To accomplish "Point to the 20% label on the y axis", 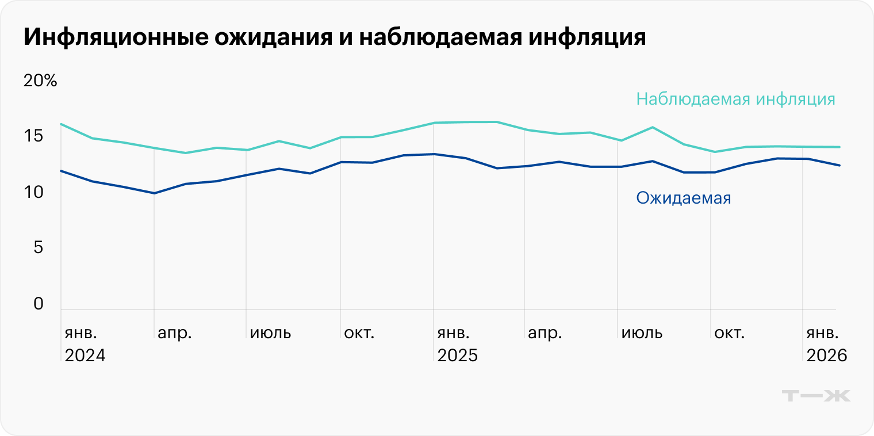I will (40, 81).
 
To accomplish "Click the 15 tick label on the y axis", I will (33, 136).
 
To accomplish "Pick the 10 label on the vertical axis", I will (33, 192).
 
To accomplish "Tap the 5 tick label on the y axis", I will (39, 248).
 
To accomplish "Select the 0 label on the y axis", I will (39, 304).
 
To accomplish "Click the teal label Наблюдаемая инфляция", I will (735, 99).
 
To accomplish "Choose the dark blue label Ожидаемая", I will (683, 198).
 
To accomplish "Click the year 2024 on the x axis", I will (85, 355).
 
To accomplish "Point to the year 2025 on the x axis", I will (458, 355).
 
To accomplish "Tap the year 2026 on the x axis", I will (827, 355).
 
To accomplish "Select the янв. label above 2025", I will (454, 333).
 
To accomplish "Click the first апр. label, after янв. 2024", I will (175, 333).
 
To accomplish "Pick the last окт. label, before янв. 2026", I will (729, 333).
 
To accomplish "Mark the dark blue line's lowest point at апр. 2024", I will (154, 193).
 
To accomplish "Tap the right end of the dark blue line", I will (839, 166).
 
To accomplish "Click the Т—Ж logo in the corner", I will (816, 396).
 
